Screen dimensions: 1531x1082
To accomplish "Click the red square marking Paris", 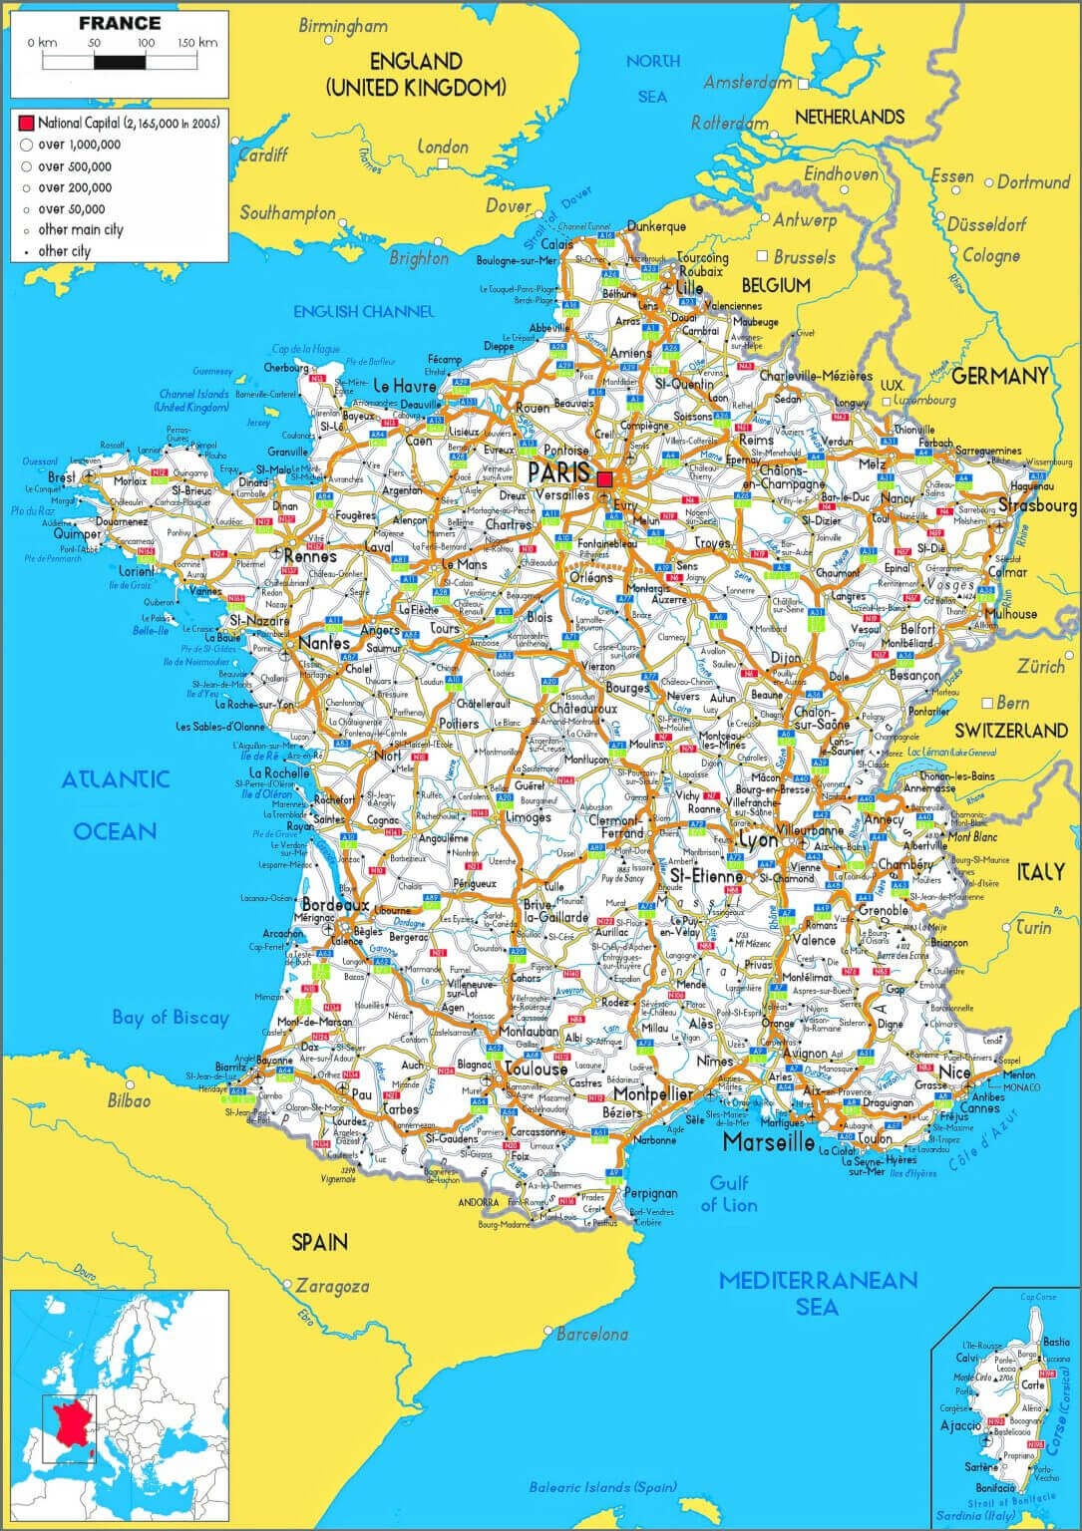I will (605, 479).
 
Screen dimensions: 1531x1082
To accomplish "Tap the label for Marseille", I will (769, 1141).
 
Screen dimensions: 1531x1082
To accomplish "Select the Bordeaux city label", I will (336, 905).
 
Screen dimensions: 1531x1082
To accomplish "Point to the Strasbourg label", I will (1037, 505).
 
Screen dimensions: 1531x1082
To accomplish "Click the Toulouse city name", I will (537, 1069).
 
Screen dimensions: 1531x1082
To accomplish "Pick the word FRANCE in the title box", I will (119, 23).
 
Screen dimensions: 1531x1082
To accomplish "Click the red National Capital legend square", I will (26, 124).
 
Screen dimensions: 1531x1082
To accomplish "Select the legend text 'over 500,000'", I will (75, 166).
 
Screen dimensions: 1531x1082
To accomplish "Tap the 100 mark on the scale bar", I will (146, 43).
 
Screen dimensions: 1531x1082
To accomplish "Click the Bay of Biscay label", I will (171, 1018).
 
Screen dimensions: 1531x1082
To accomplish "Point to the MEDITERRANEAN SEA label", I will (818, 1293).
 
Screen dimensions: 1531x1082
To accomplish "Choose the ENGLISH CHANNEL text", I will (364, 311).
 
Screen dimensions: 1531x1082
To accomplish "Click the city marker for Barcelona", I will (548, 1331).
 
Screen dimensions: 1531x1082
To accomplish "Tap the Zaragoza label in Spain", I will (333, 1287).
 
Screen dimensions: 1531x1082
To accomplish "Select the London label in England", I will (443, 148).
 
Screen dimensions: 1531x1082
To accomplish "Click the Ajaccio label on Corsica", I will (960, 1426).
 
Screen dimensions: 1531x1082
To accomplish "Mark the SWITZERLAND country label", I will (1010, 731).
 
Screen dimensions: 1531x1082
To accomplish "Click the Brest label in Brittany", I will (61, 477).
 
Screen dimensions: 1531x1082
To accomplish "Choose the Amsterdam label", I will (747, 82).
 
